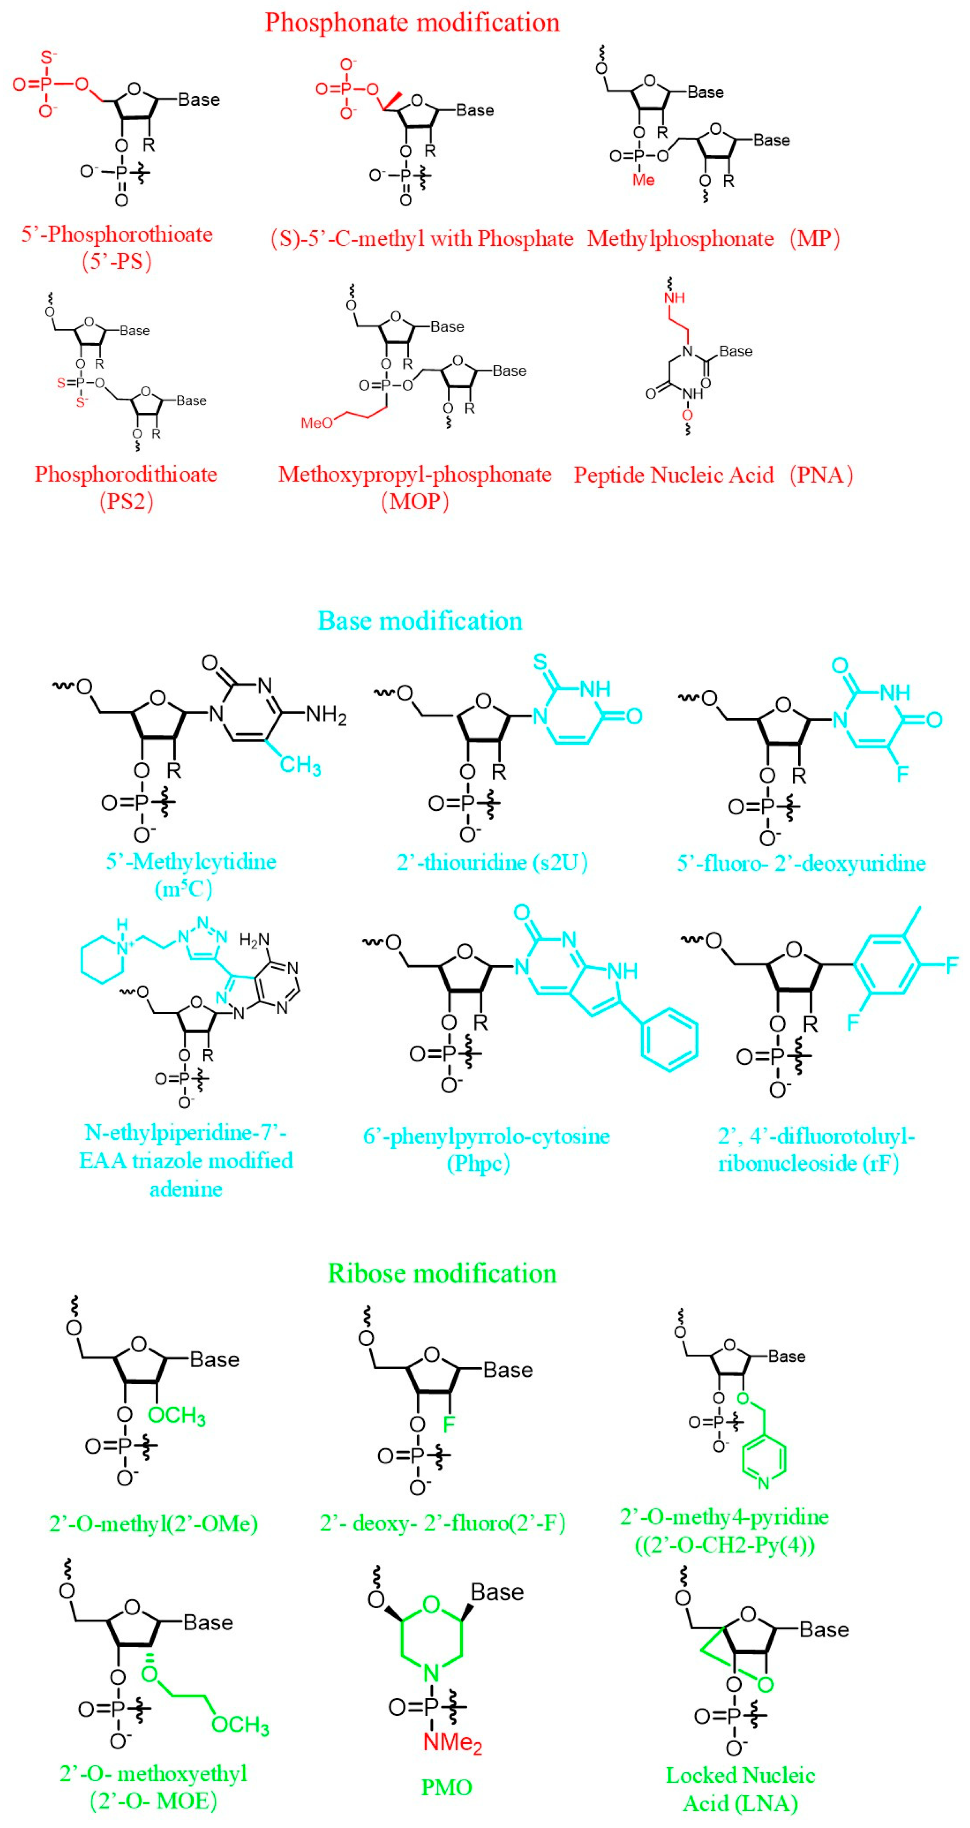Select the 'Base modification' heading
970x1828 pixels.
coord(419,621)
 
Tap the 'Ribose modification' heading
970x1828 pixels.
coord(441,1273)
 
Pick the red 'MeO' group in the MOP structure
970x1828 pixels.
coord(316,423)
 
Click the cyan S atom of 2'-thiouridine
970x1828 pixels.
coord(540,662)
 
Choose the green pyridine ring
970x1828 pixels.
coord(764,1460)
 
